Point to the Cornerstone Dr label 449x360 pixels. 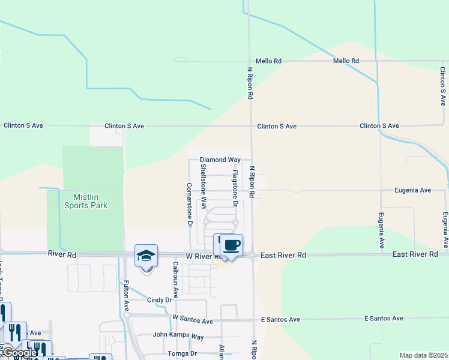(189, 205)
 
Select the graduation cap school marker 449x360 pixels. (146, 256)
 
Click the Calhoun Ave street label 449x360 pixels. (176, 280)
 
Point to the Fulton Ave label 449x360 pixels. (127, 297)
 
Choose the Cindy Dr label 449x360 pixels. (159, 300)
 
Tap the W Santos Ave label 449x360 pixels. (193, 317)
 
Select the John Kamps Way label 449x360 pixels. (179, 335)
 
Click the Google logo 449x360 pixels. (19, 353)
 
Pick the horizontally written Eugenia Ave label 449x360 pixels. (412, 190)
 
